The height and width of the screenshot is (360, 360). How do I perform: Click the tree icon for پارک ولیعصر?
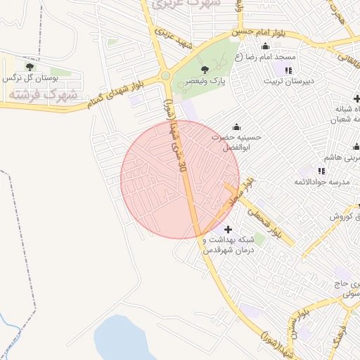click(205, 69)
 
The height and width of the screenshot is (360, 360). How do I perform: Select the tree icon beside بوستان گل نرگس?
click(30, 67)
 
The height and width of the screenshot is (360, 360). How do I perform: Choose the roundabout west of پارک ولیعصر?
click(165, 76)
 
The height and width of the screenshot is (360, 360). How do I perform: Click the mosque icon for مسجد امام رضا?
click(265, 46)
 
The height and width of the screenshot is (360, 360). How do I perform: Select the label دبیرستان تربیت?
click(287, 82)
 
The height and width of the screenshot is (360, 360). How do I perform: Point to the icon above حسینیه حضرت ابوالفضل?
click(236, 127)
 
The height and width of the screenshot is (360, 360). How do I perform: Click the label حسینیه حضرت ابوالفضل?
click(236, 143)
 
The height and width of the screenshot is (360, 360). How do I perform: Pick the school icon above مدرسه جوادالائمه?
click(321, 170)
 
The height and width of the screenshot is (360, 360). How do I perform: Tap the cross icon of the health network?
click(227, 229)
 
